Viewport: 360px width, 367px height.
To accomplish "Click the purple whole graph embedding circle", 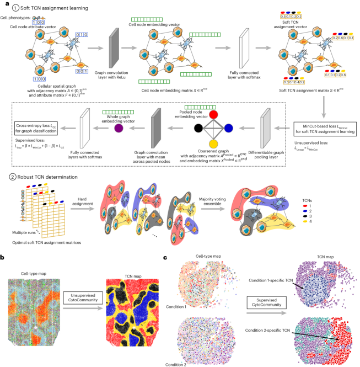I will coord(119,129).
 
